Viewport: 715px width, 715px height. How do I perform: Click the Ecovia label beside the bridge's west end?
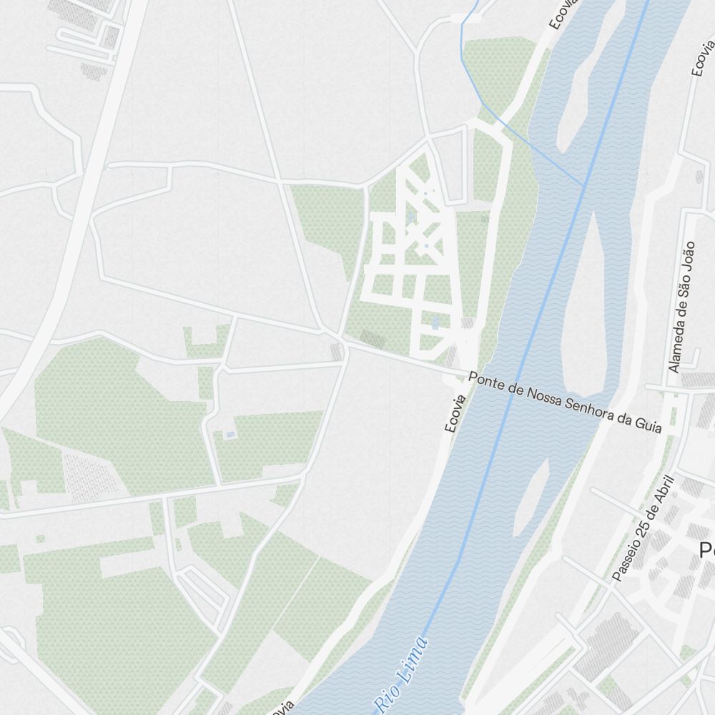coord(455,414)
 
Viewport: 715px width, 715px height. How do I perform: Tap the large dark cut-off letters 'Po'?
coord(706,550)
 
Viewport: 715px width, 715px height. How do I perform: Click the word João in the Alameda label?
coord(689,256)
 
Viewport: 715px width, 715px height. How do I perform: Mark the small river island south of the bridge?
coord(531,497)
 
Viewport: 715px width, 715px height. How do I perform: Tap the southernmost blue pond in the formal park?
coord(435,322)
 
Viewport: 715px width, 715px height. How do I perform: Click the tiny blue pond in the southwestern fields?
coord(230,434)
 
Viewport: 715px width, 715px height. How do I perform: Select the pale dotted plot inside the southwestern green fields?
coord(89,475)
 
